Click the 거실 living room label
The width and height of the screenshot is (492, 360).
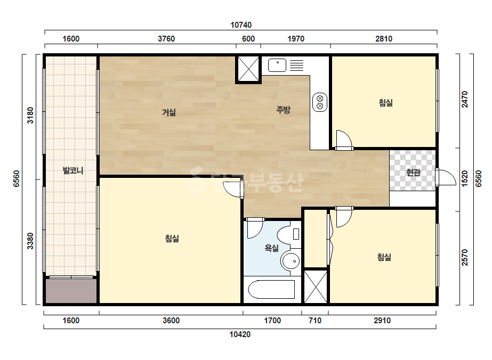click(169, 112)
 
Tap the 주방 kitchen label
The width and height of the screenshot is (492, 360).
click(284, 110)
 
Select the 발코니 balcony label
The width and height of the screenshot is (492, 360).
click(73, 170)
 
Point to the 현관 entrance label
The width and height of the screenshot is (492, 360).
click(413, 172)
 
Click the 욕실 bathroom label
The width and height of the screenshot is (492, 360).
click(272, 248)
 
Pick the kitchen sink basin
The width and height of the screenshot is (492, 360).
click(277, 65)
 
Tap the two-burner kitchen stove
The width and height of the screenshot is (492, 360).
click(320, 102)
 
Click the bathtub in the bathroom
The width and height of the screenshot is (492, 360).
click(271, 290)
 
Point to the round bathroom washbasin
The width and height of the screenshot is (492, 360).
click(291, 261)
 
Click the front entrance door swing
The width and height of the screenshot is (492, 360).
click(446, 177)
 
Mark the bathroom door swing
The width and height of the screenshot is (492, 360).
click(254, 228)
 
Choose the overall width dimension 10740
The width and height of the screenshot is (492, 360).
click(241, 25)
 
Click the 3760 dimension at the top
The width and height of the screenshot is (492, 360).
click(166, 38)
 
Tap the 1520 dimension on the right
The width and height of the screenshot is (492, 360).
click(465, 178)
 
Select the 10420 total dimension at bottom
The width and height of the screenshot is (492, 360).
click(240, 334)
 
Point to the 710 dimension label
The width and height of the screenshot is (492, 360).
click(315, 321)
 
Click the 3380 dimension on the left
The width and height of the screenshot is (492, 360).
click(30, 241)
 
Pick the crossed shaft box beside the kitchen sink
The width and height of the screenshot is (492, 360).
click(248, 69)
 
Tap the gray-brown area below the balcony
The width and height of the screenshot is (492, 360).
click(71, 291)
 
